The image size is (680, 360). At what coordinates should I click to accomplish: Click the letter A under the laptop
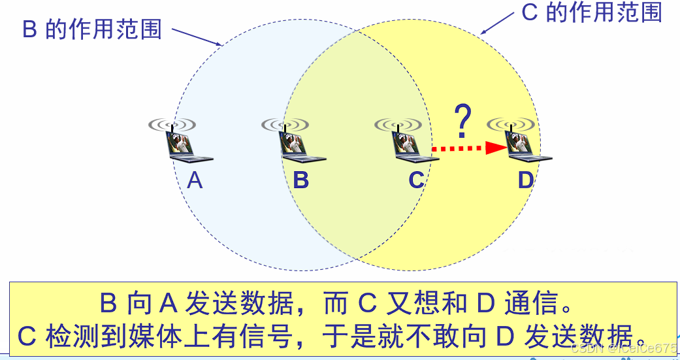coord(195,180)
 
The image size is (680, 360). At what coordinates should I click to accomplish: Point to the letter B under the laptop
coord(300,180)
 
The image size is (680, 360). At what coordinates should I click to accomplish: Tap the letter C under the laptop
coord(416,180)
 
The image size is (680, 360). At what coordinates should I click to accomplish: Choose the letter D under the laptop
coord(526,180)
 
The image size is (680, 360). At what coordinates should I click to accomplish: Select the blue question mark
coord(463,120)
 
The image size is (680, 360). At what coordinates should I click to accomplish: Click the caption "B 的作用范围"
coord(91,29)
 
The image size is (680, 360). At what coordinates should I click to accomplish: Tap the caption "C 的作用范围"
coord(592,12)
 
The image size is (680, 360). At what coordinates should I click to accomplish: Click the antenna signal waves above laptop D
coord(511,123)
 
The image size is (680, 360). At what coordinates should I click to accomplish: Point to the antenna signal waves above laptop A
coord(172,123)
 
